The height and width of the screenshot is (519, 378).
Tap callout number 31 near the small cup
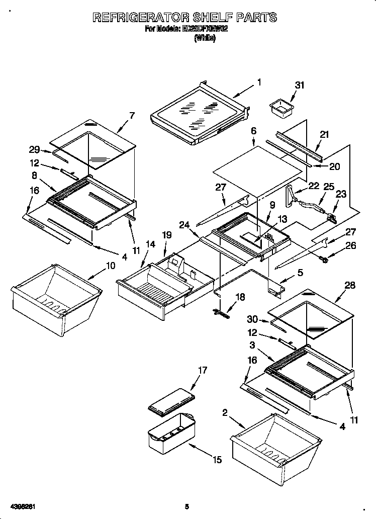[x=300, y=85]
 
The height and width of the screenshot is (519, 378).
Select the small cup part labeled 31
[x=281, y=108]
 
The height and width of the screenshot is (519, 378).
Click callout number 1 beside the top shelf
[x=259, y=82]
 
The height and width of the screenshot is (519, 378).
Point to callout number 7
[x=131, y=115]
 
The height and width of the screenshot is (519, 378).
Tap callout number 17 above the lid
[x=202, y=371]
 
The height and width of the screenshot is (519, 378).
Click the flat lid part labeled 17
[x=170, y=403]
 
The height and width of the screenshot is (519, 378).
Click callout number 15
[x=217, y=459]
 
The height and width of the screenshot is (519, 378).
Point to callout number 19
[x=166, y=235]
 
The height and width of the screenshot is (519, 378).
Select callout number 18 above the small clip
[x=240, y=297]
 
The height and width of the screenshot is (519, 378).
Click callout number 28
[x=350, y=285]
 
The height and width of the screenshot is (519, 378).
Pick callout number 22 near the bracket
[x=314, y=186]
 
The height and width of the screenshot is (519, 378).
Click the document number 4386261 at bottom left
[x=21, y=506]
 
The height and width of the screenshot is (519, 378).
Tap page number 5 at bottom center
[x=186, y=506]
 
